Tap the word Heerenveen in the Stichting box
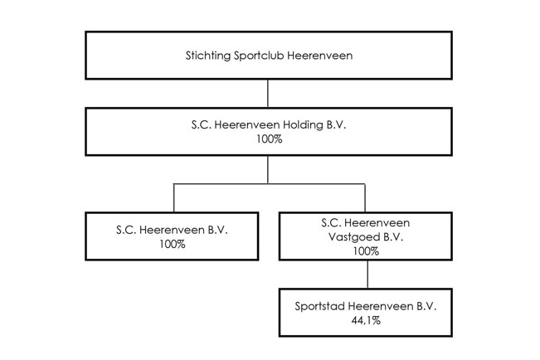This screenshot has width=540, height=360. [320, 56]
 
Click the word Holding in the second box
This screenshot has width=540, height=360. [303, 125]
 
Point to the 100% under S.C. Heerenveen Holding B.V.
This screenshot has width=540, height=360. [270, 139]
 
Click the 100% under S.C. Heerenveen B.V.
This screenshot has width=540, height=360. [173, 244]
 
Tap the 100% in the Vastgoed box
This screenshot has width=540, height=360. [366, 251]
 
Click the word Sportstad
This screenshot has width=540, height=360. [319, 307]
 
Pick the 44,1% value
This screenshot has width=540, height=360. [366, 321]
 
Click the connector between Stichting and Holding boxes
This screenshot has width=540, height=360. [268, 94]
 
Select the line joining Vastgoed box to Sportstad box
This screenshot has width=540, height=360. [367, 275]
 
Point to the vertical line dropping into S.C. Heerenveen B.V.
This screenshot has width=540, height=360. [174, 197]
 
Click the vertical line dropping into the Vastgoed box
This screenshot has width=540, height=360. [365, 197]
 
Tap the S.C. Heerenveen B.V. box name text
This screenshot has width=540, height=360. [172, 230]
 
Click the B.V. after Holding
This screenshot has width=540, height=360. [336, 124]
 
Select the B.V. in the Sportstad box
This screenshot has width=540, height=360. [427, 306]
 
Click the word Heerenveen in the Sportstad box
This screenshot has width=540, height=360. [381, 306]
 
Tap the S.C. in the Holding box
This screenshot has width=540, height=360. [201, 124]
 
